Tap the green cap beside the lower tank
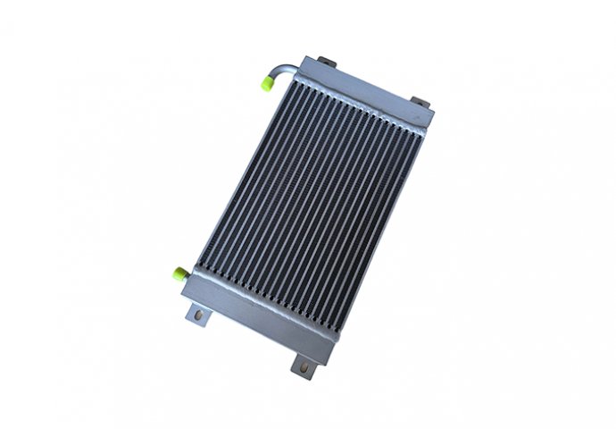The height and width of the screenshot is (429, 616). point(179,273)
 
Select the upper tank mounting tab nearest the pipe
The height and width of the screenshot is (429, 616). point(327,62)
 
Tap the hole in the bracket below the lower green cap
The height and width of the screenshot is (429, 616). point(197,315)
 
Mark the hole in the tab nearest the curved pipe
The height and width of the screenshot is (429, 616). point(327,61)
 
